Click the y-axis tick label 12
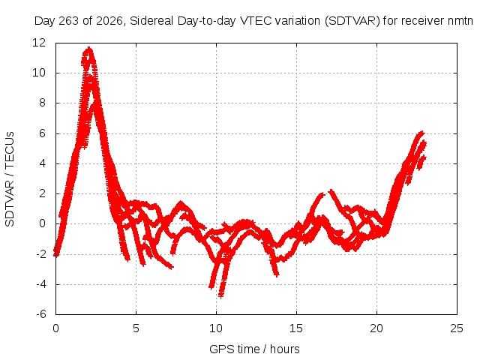point(39,43)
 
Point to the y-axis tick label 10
point(39,73)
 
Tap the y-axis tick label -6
point(40,314)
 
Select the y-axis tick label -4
point(40,284)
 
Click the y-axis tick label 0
point(42,223)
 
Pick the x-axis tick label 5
point(136,328)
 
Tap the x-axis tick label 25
point(457,328)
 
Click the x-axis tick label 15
point(296,328)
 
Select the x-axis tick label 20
point(376,328)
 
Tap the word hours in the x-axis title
point(285,349)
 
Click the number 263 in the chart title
point(69,21)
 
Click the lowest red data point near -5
point(221,295)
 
